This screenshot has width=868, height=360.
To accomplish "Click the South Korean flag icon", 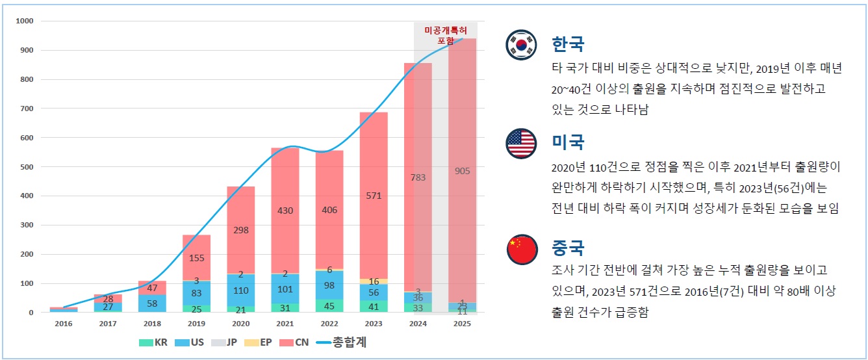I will [x=521, y=45].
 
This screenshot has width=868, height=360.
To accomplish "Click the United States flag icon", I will [x=521, y=144].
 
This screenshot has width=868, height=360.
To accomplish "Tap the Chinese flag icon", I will [x=521, y=250].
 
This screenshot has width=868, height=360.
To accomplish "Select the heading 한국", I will [x=568, y=44].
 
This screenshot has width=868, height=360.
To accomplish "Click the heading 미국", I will [x=568, y=142].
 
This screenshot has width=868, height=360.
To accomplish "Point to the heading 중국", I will [x=568, y=248].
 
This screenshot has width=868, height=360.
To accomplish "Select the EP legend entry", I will [x=259, y=342].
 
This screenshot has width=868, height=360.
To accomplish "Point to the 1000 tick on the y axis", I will [x=24, y=21].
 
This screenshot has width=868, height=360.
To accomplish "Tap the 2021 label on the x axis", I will [x=285, y=324].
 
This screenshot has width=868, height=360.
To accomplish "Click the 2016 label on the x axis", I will [x=64, y=324].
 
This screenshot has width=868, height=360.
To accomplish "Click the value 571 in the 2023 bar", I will [x=374, y=196].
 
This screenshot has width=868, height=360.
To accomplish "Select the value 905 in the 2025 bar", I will [x=462, y=171].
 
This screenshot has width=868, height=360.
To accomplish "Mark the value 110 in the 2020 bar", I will [x=240, y=291].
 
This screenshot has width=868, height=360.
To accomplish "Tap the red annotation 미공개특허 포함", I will [x=445, y=35].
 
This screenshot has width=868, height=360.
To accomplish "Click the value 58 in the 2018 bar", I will [x=152, y=303].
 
